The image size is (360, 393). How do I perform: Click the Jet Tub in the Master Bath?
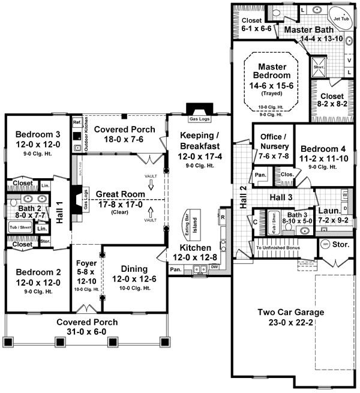[341, 18]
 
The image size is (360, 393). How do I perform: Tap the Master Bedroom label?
[269, 70]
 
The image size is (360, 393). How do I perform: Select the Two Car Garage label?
[290, 312]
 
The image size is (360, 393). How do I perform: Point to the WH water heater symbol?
[325, 244]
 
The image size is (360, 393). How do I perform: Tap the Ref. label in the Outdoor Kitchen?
[77, 122]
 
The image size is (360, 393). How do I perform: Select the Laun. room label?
[329, 211]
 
